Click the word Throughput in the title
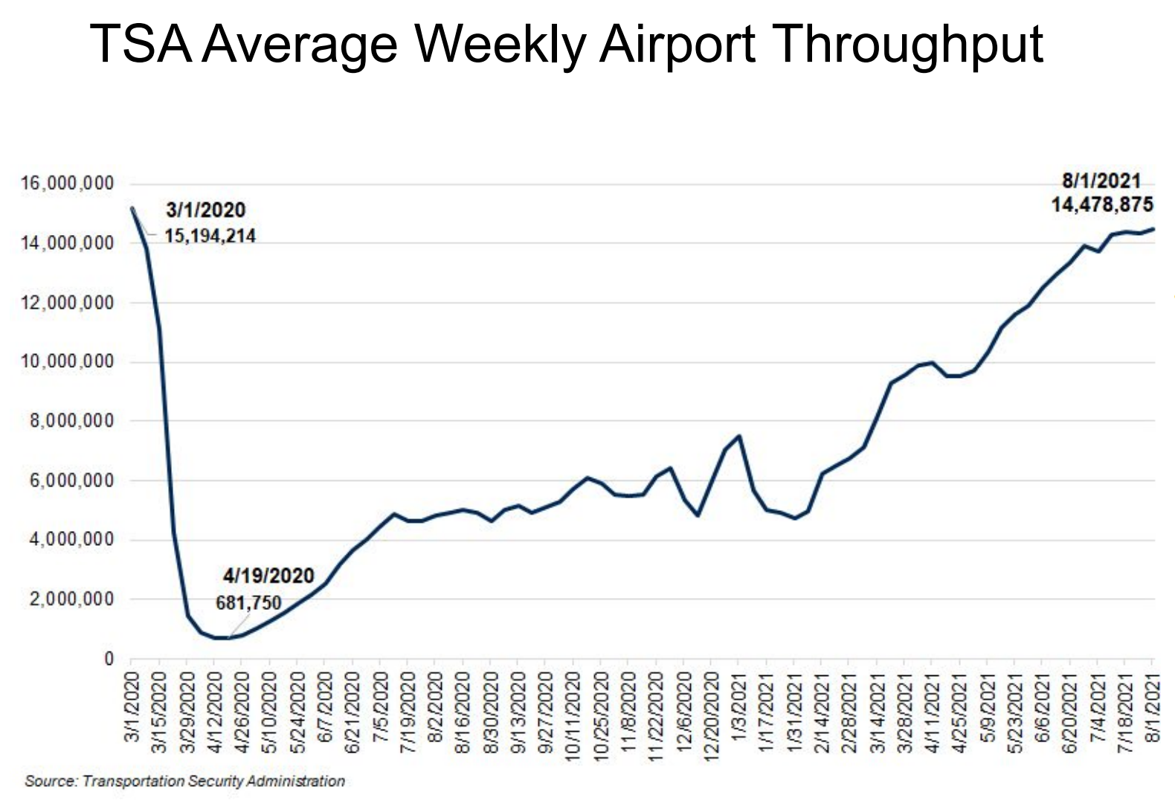(x=908, y=45)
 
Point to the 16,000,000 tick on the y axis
(x=68, y=184)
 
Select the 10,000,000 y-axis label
(x=68, y=362)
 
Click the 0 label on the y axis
(x=109, y=659)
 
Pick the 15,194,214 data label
(x=210, y=237)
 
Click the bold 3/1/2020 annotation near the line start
(x=205, y=210)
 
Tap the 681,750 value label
(x=248, y=602)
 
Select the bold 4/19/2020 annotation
(x=268, y=576)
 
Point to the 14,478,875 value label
(x=1102, y=205)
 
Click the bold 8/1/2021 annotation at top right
(x=1101, y=181)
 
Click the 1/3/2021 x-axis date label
(x=738, y=707)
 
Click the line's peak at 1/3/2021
(x=738, y=436)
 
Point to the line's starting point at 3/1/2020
(x=132, y=208)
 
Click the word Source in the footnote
(x=50, y=782)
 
